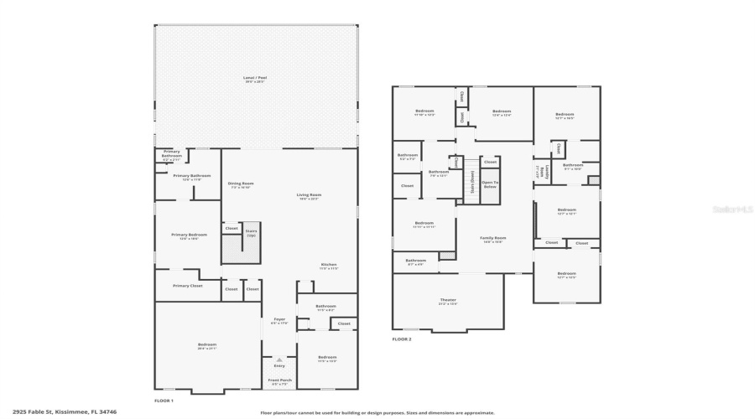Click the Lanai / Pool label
[x=255, y=79]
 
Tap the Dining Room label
[x=241, y=184]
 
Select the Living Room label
[x=309, y=196]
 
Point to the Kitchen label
[x=329, y=266]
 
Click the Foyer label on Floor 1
[x=279, y=320]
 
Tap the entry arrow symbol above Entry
[x=279, y=360]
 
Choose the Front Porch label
[x=279, y=381]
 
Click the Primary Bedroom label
[x=189, y=235]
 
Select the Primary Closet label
[x=187, y=286]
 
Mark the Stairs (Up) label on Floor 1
[x=251, y=234]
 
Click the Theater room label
[x=448, y=301]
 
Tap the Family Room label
[x=492, y=239]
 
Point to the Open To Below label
[x=490, y=184]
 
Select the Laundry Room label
[x=541, y=172]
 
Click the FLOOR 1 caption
[x=164, y=401]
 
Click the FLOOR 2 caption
[x=402, y=339]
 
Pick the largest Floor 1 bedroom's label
[x=206, y=345]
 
